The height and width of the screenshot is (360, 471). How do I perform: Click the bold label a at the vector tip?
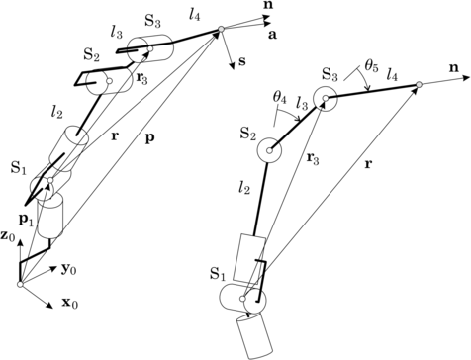pyautogui.click(x=271, y=36)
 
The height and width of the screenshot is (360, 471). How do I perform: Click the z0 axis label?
pyautogui.click(x=9, y=236)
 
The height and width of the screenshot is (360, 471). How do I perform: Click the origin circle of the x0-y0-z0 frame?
pyautogui.click(x=19, y=285)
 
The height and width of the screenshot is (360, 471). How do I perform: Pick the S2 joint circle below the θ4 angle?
pyautogui.click(x=268, y=153)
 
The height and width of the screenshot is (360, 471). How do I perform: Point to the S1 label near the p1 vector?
pyautogui.click(x=16, y=169)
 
